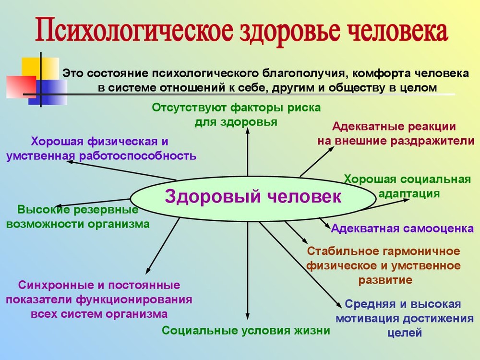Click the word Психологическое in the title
[x=134, y=31]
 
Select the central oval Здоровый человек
[x=253, y=198]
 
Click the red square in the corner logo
[x=21, y=86]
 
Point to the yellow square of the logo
[x=40, y=69]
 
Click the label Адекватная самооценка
[x=402, y=228]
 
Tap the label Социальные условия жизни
[x=246, y=330]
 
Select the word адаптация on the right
[x=409, y=194]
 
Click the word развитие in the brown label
[x=385, y=280]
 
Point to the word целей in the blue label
[x=405, y=333]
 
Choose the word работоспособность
[x=138, y=156]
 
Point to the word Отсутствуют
[x=189, y=108]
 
